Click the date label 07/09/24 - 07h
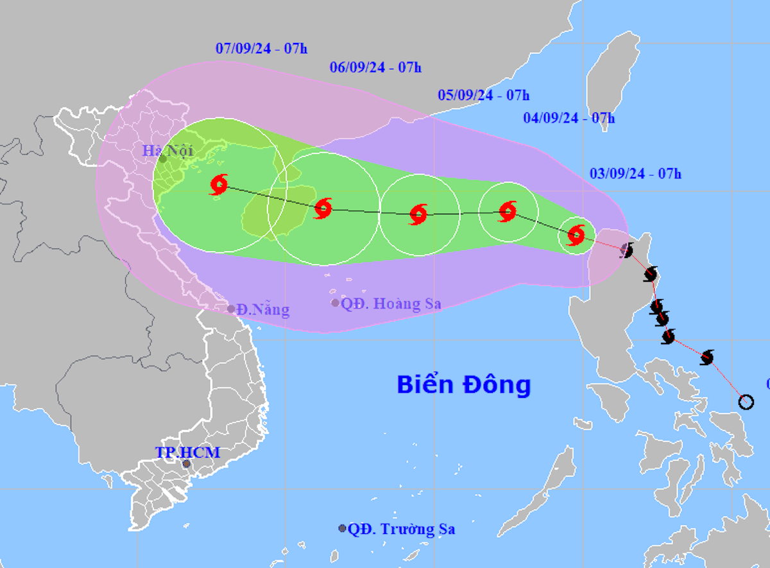[x=262, y=48]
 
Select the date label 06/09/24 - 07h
[x=375, y=67]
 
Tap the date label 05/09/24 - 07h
[x=483, y=96]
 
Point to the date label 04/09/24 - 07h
[x=569, y=118]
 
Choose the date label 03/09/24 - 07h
[x=635, y=173]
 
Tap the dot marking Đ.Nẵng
[x=232, y=309]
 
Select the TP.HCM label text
[x=187, y=452]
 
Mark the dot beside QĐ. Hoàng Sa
[x=335, y=303]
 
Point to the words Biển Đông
[x=463, y=384]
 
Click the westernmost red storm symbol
[x=218, y=185]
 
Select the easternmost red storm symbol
[x=576, y=235]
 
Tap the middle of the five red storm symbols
[x=418, y=214]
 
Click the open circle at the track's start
[x=746, y=402]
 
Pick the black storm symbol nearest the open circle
[x=707, y=357]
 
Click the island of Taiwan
[x=613, y=77]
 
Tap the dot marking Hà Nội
[x=163, y=159]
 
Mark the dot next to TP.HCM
[x=186, y=463]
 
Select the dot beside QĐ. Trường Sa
[x=342, y=528]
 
